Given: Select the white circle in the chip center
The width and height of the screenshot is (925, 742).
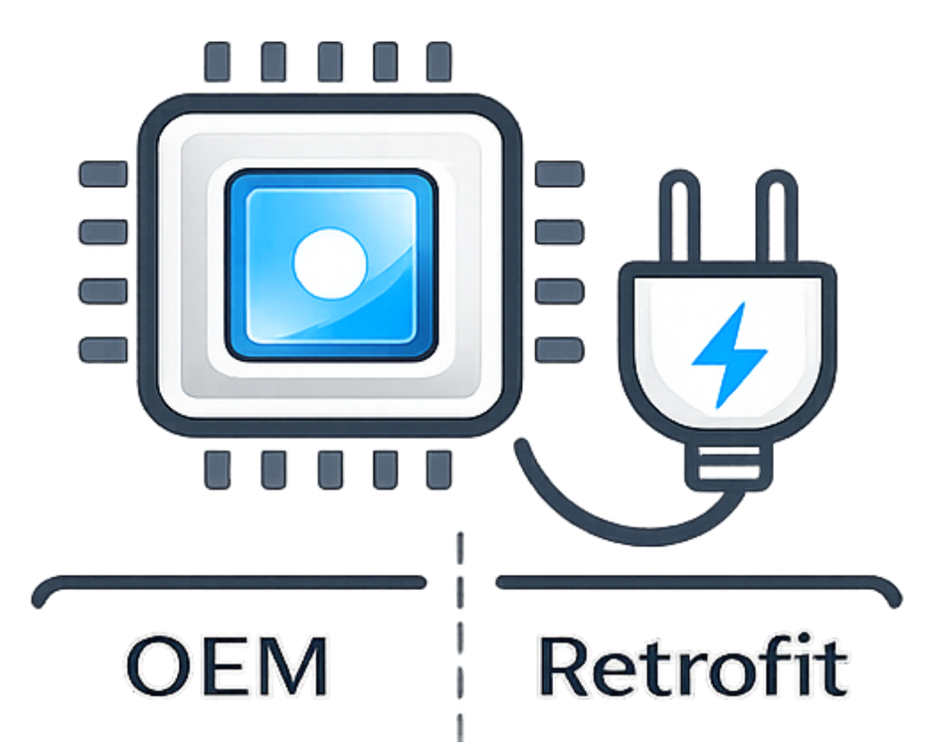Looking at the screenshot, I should pyautogui.click(x=330, y=263).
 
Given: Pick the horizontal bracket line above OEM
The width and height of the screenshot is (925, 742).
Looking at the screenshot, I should pyautogui.click(x=228, y=584).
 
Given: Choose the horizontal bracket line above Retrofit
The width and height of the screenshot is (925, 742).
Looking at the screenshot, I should pyautogui.click(x=693, y=584).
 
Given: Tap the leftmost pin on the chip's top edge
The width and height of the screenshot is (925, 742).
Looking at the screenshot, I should pyautogui.click(x=218, y=62).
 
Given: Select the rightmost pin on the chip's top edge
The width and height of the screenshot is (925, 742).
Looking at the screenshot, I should pyautogui.click(x=439, y=62).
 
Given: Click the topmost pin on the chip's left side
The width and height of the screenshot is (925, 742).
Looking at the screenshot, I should pyautogui.click(x=103, y=173).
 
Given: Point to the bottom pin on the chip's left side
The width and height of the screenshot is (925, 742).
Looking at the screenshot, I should pyautogui.click(x=103, y=350).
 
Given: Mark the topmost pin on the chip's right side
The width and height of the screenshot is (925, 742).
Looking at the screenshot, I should pyautogui.click(x=559, y=173).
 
